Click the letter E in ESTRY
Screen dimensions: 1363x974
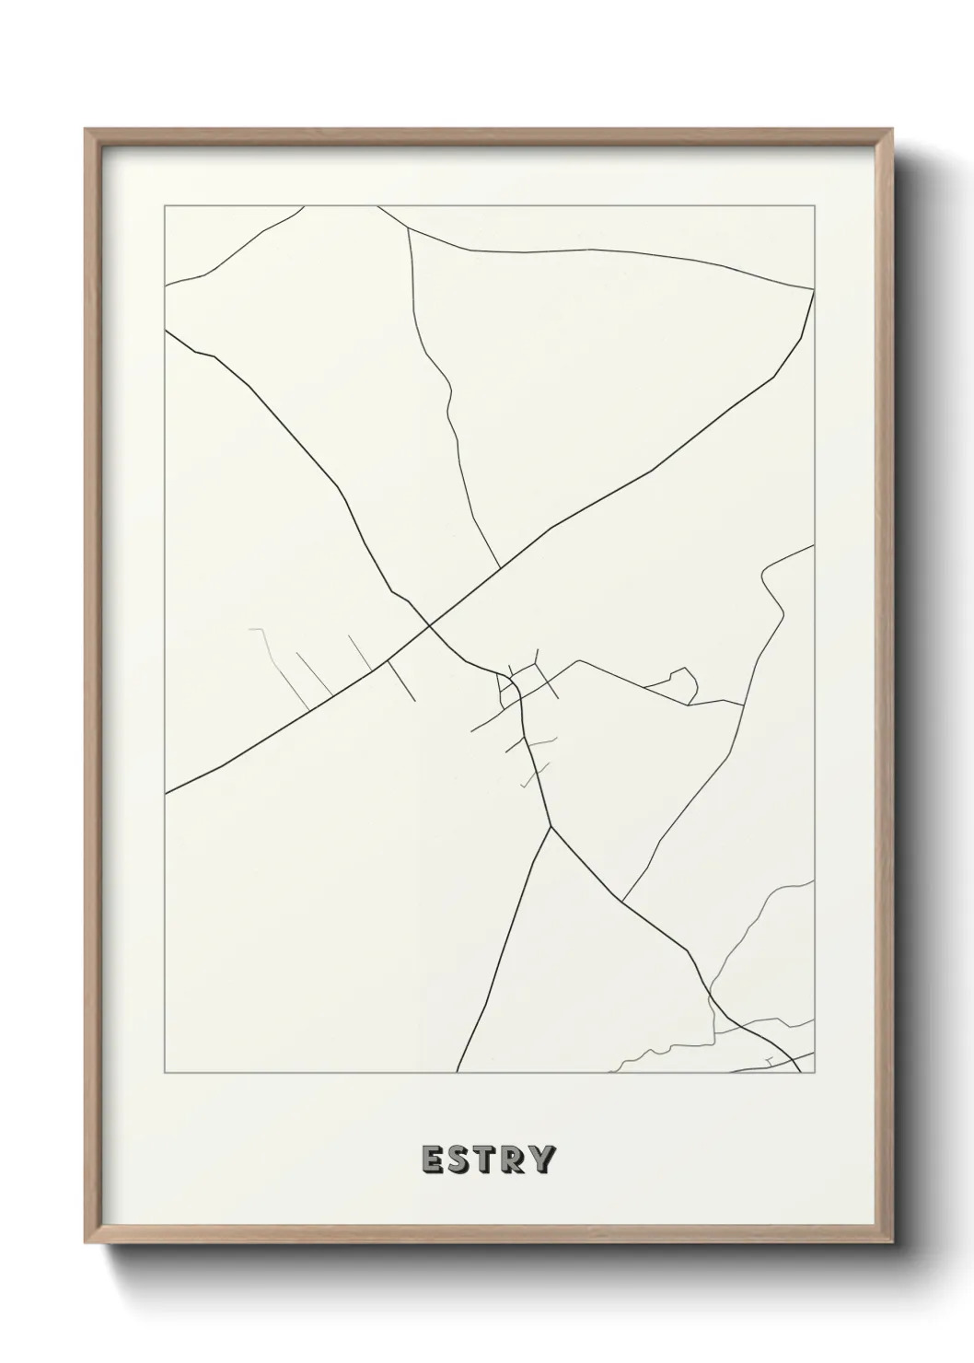[x=432, y=1159]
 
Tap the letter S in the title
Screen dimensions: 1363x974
[x=459, y=1159]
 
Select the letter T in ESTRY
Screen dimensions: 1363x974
[x=486, y=1159]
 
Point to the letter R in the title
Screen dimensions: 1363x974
[x=514, y=1159]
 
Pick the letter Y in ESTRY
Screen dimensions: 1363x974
[x=543, y=1159]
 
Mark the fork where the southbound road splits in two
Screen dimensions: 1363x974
[x=551, y=827]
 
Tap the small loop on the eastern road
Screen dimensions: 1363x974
[x=686, y=680]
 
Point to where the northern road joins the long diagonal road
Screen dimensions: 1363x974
[x=500, y=567]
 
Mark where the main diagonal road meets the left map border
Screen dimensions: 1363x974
[x=165, y=792]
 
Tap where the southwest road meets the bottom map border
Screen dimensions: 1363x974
[x=458, y=1073]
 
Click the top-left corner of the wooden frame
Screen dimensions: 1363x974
[x=86, y=130]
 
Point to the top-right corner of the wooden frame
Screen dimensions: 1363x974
[x=893, y=130]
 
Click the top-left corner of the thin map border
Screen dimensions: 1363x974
[x=165, y=206]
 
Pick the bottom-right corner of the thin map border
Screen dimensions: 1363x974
[x=815, y=1073]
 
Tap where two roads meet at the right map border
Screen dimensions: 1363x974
[x=814, y=289]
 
